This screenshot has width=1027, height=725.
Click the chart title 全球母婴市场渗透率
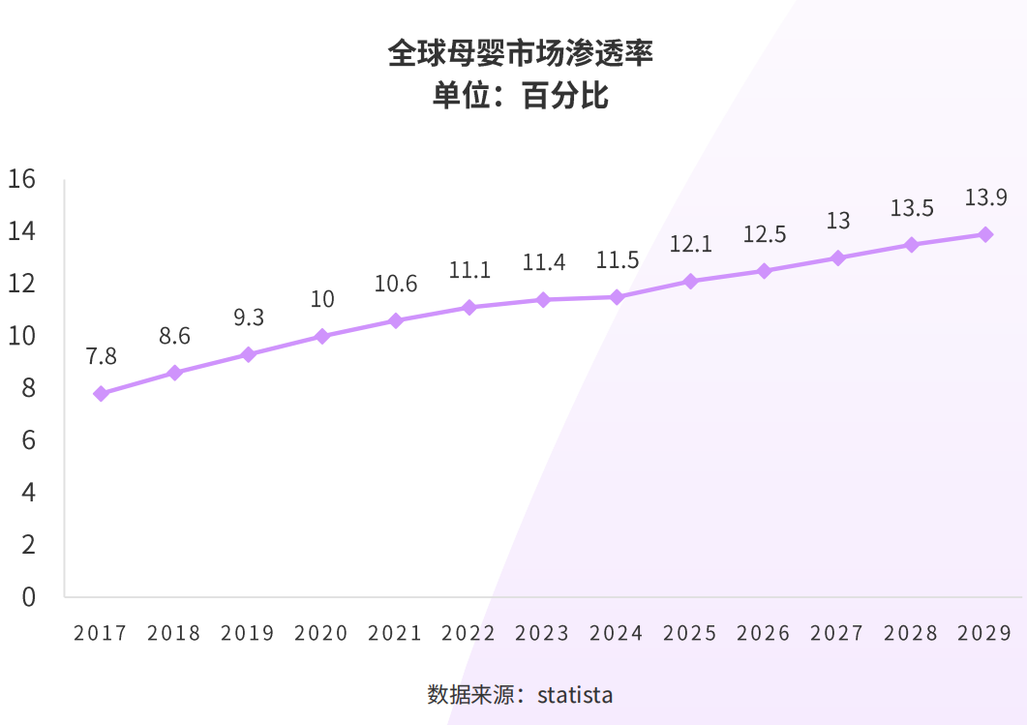point(520,53)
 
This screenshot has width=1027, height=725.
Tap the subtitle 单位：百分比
point(520,97)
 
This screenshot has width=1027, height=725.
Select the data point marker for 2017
point(101,394)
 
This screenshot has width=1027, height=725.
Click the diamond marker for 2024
point(617,297)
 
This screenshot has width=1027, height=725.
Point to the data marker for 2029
point(985,234)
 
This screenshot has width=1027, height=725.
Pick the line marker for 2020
point(322,337)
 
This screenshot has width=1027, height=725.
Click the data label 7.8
point(101,356)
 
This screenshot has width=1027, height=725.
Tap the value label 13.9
point(985,198)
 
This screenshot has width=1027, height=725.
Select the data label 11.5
point(617,260)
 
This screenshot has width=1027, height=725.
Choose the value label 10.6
point(396,284)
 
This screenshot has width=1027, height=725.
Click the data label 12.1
point(690,245)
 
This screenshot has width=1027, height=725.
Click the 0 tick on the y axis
point(28,596)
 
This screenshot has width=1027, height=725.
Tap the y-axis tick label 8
point(28,388)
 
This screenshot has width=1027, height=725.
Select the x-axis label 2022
point(468,633)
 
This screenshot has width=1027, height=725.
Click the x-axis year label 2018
point(174,633)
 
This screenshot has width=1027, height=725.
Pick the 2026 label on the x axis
point(764,633)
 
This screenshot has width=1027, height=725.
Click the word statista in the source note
point(575,695)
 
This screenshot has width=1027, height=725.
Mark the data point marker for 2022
point(469,308)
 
